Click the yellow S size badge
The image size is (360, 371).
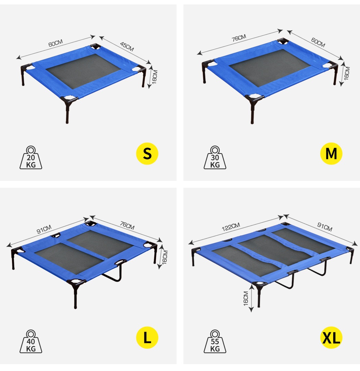[147, 154]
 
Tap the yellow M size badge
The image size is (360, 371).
[331, 154]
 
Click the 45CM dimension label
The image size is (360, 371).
[127, 47]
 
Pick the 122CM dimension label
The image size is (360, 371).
[230, 226]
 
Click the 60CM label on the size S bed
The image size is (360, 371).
[55, 44]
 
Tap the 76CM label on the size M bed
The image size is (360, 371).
[239, 38]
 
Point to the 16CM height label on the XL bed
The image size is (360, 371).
[245, 298]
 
